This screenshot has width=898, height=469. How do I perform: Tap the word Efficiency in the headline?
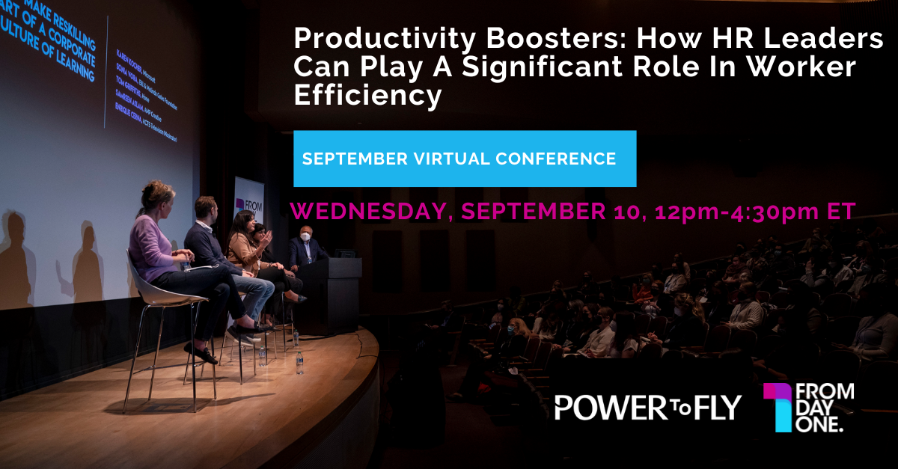367,96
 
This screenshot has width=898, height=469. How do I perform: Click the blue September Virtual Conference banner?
465,159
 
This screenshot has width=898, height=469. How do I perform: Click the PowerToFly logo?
647,407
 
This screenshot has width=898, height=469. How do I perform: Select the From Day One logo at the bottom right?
808,408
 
